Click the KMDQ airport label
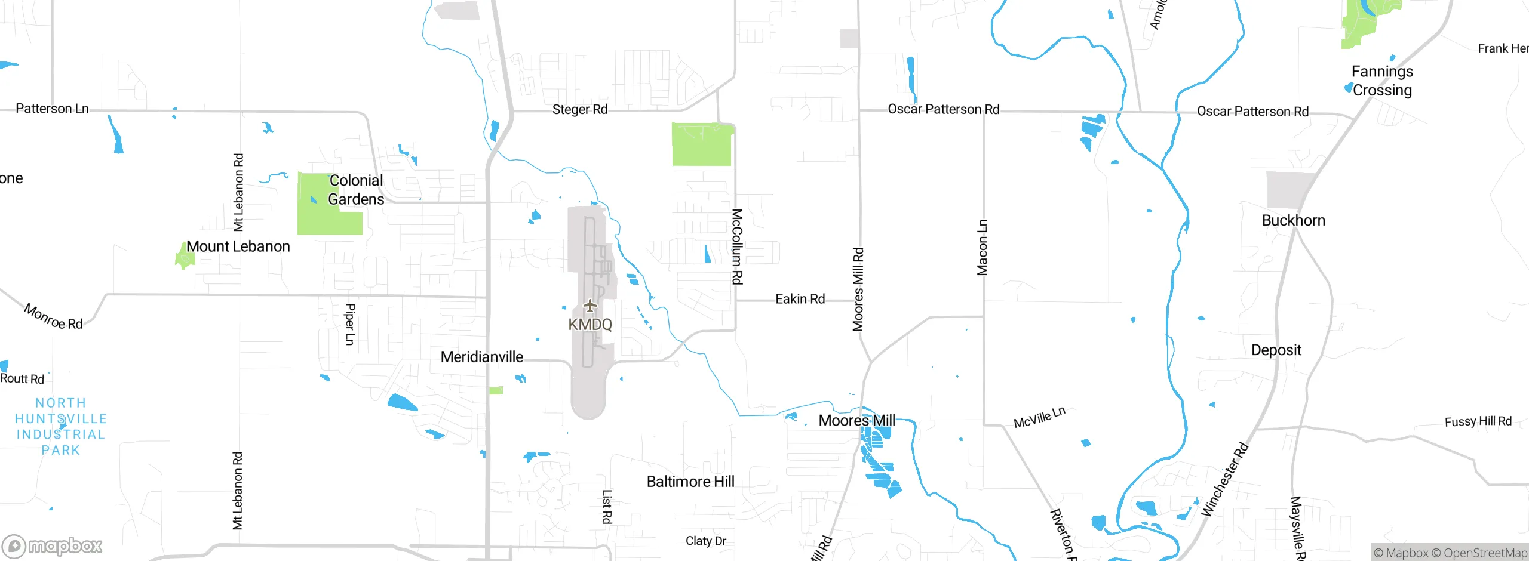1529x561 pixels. pyautogui.click(x=590, y=325)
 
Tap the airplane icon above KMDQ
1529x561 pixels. pyautogui.click(x=590, y=306)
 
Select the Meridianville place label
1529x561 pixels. pyautogui.click(x=482, y=357)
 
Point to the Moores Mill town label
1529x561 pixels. pyautogui.click(x=856, y=421)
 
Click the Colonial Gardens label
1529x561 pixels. pyautogui.click(x=356, y=190)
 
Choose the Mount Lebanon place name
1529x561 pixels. pyautogui.click(x=238, y=246)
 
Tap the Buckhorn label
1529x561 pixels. pyautogui.click(x=1293, y=221)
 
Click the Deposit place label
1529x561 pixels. pyautogui.click(x=1276, y=350)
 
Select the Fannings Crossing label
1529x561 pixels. pyautogui.click(x=1382, y=81)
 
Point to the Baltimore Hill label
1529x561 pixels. pyautogui.click(x=690, y=482)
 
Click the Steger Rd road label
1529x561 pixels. pyautogui.click(x=579, y=110)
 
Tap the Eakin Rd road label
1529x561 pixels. pyautogui.click(x=800, y=299)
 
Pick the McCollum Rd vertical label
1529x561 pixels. pyautogui.click(x=738, y=246)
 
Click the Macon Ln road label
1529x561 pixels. pyautogui.click(x=983, y=248)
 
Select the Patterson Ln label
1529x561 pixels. pyautogui.click(x=52, y=109)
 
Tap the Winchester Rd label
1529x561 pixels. pyautogui.click(x=1224, y=479)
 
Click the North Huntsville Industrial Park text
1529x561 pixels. pyautogui.click(x=61, y=426)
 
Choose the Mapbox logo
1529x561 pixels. pyautogui.click(x=52, y=546)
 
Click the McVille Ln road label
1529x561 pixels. pyautogui.click(x=1039, y=418)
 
